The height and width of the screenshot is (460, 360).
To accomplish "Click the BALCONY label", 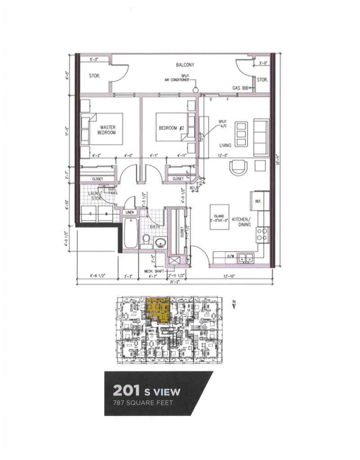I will coord(185,65).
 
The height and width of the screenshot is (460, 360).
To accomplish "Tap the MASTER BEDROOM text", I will coord(108,130).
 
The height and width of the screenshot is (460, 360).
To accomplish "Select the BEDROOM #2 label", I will coord(173,128).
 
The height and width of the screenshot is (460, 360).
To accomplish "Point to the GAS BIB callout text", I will coord(240,88).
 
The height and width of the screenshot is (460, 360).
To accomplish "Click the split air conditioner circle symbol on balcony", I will coord(196,90).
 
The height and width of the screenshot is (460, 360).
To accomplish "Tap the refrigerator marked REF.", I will coord(260,202).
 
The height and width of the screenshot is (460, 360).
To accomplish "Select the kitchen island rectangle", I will coord(219,217).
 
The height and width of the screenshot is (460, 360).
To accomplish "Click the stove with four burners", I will coord(262,233).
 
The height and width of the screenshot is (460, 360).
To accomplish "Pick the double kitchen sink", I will coord(246,258).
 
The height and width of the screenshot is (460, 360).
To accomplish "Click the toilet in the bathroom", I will coord(145,241).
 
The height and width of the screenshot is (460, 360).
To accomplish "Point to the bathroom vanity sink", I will coord(160,243).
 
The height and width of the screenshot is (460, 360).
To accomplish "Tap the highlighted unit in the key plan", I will coord(158,309).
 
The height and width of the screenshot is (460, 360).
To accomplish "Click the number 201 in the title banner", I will coord(125,390).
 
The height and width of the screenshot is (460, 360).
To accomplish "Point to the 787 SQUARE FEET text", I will coord(142,402).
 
